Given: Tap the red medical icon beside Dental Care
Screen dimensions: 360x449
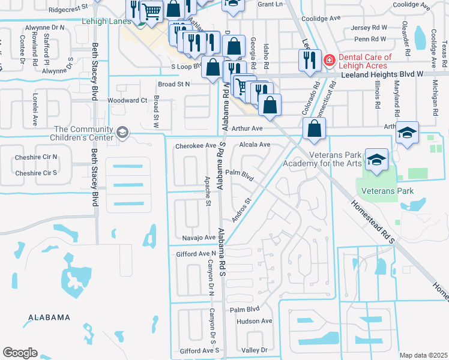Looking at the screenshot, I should click(328, 60).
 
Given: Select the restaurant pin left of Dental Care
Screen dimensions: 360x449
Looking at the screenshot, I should click(309, 60).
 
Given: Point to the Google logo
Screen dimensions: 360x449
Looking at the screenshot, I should click(20, 353).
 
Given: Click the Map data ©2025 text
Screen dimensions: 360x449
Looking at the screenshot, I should click(423, 355).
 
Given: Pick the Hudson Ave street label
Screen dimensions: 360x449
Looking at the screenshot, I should click(255, 321).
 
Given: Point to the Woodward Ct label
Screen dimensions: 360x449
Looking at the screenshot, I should click(127, 100).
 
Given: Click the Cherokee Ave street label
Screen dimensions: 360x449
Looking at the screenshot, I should click(195, 146).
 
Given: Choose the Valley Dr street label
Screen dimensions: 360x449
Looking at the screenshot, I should click(254, 350).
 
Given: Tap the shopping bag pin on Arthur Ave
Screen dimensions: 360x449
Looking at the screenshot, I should click(315, 128).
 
